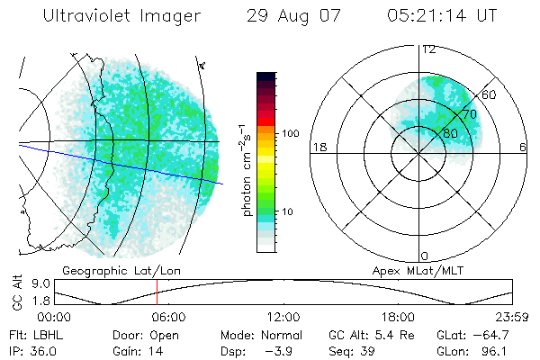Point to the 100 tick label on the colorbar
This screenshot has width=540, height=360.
click(290, 133)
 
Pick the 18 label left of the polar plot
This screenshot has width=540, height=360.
click(318, 148)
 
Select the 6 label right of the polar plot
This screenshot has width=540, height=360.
click(524, 148)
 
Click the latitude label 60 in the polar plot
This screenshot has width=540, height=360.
click(490, 94)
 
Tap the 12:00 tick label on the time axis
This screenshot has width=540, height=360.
click(283, 317)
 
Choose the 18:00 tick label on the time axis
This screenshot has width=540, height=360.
click(398, 317)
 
